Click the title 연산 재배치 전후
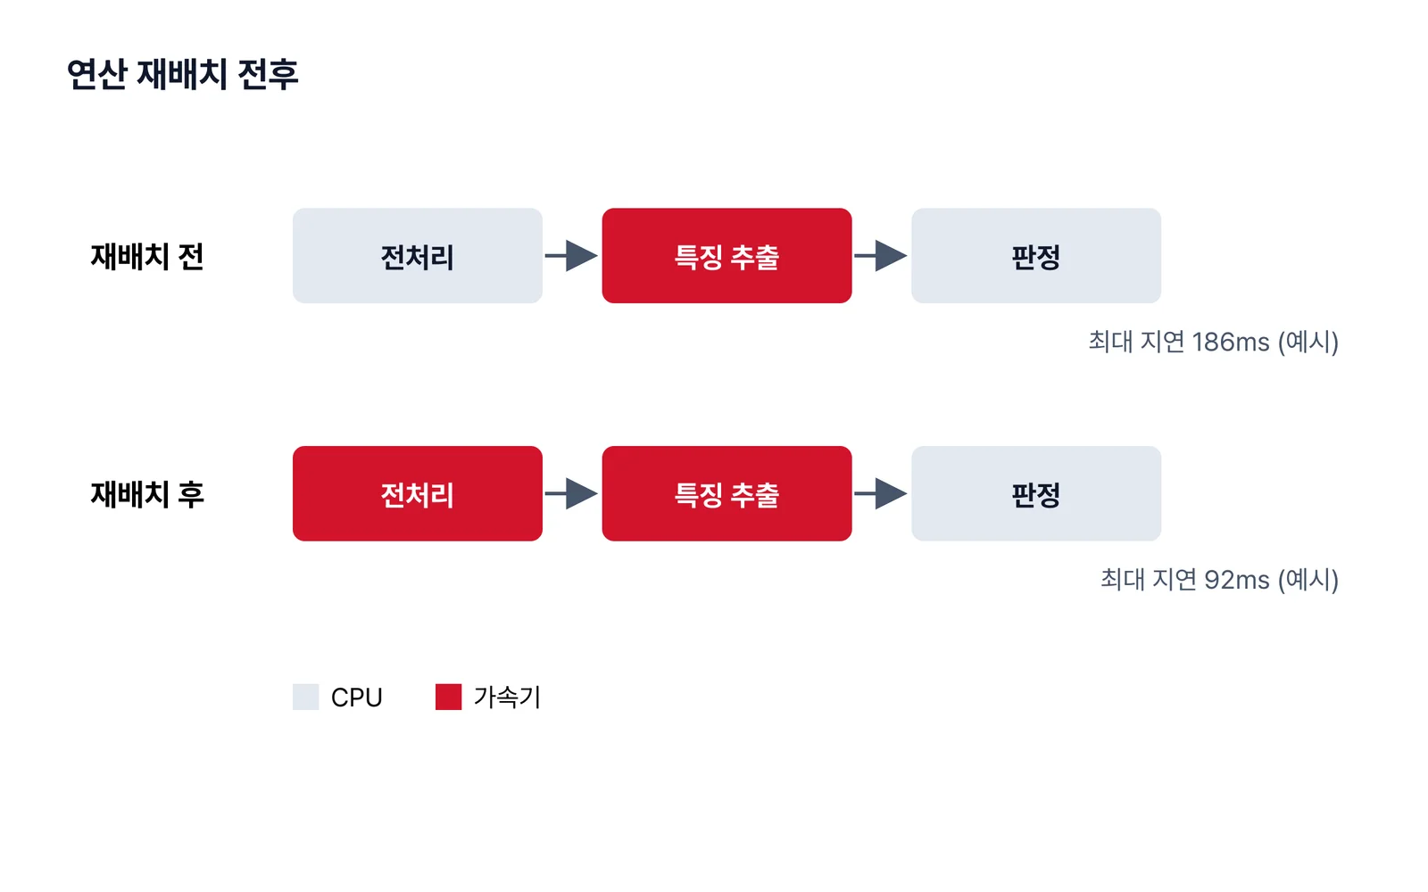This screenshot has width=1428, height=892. [182, 75]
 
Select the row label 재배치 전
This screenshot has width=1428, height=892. [147, 257]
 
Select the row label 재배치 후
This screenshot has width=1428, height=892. [147, 494]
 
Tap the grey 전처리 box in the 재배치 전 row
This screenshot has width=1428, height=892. [418, 255]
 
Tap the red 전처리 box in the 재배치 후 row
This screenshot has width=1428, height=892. [418, 494]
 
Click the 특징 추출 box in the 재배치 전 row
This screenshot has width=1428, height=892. [726, 255]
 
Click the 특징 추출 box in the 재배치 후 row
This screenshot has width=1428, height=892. [726, 494]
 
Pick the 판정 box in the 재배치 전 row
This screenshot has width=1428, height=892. [1036, 255]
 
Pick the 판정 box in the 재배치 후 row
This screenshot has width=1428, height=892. [1036, 494]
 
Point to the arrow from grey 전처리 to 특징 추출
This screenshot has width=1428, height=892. [571, 255]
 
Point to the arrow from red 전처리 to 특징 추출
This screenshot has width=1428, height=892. [571, 494]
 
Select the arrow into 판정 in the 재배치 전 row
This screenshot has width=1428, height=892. [881, 255]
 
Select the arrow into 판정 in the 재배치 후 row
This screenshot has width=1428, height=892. [881, 494]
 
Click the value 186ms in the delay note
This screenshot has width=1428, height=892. [1231, 343]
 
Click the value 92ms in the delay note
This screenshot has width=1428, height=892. [1237, 581]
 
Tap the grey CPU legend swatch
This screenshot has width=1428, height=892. [305, 697]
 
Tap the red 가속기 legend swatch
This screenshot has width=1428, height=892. [448, 697]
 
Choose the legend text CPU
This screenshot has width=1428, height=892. [356, 698]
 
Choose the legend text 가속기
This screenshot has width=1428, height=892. [508, 697]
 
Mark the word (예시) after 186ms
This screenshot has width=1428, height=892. [1308, 343]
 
